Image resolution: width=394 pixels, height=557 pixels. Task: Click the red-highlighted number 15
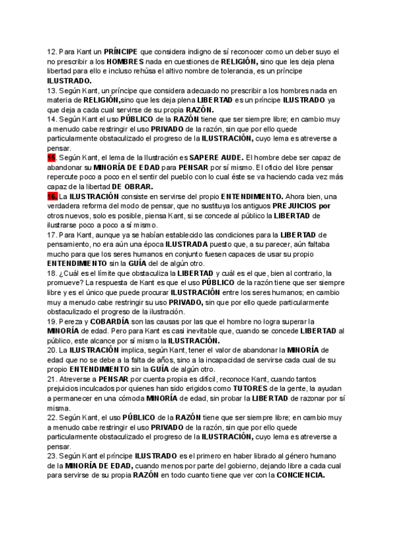[51, 158]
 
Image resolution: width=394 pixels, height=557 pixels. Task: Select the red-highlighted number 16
[51, 196]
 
